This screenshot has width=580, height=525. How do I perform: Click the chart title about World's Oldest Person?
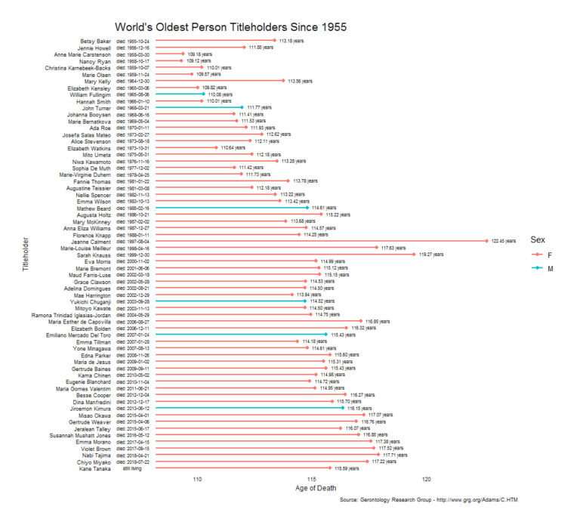coord(230,27)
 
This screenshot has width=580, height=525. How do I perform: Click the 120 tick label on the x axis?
coord(427,478)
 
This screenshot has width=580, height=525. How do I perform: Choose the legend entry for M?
coord(539,268)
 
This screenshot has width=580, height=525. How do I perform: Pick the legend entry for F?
coord(539,255)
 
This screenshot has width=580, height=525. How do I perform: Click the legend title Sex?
coord(537,239)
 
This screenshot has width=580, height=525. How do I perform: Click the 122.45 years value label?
coord(501,241)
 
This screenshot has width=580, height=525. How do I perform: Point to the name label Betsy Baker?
coord(95,41)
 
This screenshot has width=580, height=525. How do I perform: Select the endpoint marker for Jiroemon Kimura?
coord(342,408)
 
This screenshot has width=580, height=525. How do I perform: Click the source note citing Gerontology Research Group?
coord(429,500)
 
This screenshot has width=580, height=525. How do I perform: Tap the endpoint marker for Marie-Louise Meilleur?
coord(375,248)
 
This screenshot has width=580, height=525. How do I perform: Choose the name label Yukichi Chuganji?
coord(88,301)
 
